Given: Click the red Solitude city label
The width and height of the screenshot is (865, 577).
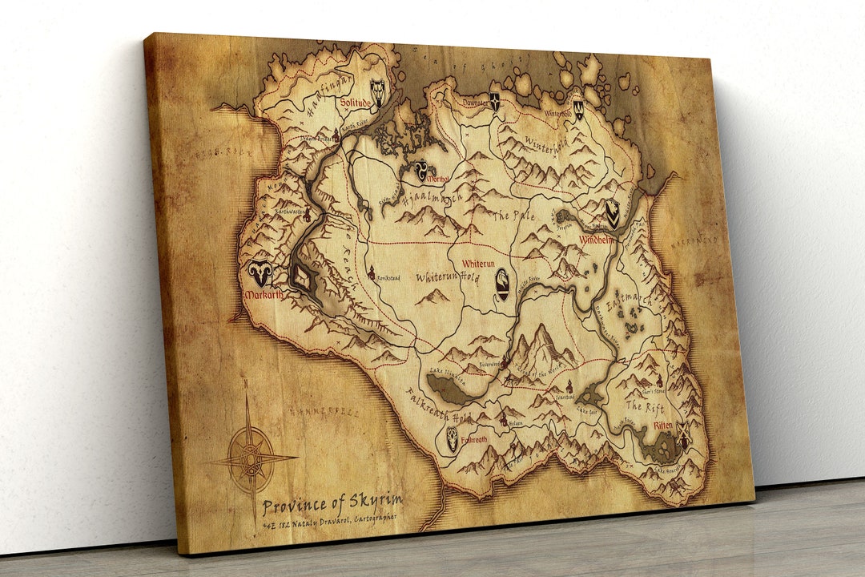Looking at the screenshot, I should [x=355, y=103].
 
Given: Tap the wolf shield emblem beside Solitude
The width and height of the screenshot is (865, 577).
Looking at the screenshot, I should [x=377, y=91].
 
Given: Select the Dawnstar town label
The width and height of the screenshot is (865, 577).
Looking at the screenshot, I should [x=474, y=103].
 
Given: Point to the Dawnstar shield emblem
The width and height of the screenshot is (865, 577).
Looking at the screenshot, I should [x=494, y=103].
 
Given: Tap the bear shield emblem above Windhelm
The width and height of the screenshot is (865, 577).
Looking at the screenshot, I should [x=612, y=212].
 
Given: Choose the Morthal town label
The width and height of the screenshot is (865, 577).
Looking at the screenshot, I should [x=440, y=178].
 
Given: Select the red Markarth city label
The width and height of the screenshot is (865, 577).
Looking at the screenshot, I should [x=264, y=295].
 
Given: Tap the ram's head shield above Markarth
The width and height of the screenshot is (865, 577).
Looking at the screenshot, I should [x=260, y=273].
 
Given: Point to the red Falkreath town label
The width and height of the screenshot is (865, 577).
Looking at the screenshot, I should [x=473, y=440].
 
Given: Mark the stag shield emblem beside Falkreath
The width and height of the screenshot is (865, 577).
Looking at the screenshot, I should [x=453, y=438].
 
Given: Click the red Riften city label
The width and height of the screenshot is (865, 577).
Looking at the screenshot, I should [x=662, y=426].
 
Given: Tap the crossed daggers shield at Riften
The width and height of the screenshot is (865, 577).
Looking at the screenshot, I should [x=683, y=434].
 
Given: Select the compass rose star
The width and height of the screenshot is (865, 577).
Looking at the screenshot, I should [x=252, y=459].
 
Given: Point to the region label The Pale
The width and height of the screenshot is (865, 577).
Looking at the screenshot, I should [x=511, y=216].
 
